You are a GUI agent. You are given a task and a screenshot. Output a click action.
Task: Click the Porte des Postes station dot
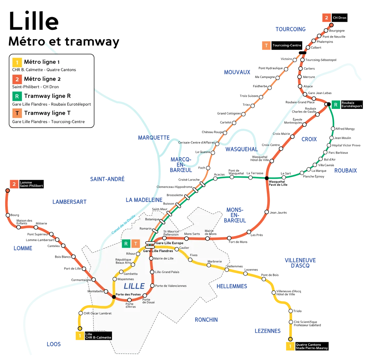click(114, 296)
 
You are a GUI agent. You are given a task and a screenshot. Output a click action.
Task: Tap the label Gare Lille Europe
click(169, 243)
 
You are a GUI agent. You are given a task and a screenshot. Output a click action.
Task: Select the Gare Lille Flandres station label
click(158, 251)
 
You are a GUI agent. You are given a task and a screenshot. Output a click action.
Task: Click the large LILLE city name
click(134, 286)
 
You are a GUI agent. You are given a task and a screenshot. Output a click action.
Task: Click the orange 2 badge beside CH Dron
click(326, 18)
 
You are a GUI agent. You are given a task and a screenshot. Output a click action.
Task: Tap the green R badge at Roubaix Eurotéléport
click(335, 105)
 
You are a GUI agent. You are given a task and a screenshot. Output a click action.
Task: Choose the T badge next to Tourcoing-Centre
click(266, 45)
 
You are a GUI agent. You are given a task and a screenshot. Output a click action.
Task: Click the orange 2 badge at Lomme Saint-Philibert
click(14, 184)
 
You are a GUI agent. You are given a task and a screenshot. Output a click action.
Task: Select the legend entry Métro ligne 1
click(42, 62)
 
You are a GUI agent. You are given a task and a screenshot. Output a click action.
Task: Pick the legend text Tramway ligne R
click(47, 96)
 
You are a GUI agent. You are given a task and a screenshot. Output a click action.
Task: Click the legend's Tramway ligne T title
click(47, 113)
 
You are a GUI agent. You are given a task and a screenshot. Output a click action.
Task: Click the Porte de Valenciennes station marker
click(152, 286)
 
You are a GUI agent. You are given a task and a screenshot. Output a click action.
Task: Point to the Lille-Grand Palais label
click(167, 272)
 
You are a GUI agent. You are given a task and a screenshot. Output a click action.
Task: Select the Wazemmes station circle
click(115, 279)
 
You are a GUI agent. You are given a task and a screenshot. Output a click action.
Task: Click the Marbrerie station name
click(214, 261)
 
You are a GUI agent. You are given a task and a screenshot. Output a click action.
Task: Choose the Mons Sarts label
click(192, 234)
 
